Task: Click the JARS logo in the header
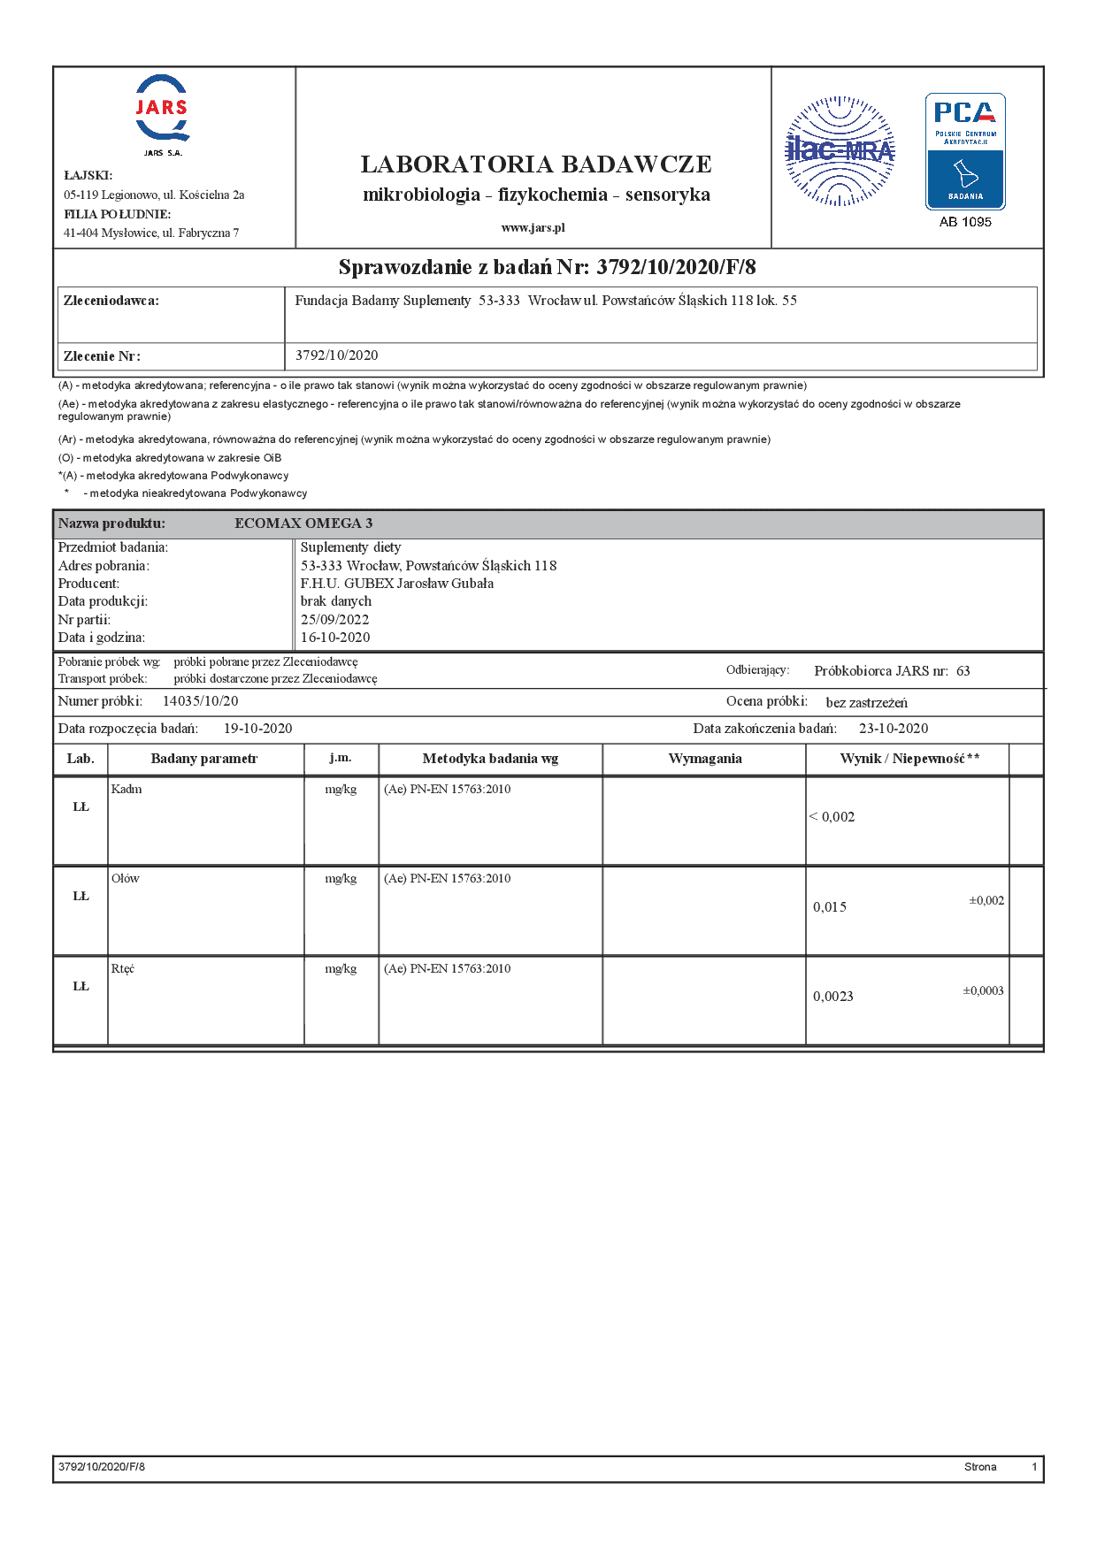click(162, 110)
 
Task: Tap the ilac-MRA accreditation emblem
click(840, 151)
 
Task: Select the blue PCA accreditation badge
click(965, 151)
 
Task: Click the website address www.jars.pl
click(533, 227)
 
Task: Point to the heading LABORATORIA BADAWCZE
click(536, 164)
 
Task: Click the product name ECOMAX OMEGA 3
click(303, 523)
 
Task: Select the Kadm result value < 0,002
click(832, 817)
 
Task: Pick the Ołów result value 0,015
click(830, 907)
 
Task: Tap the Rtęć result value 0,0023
click(833, 997)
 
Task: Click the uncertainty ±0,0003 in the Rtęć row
click(983, 991)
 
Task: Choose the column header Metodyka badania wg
click(490, 759)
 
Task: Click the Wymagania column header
click(705, 759)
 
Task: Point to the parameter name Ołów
click(126, 879)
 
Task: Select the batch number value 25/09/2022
click(334, 620)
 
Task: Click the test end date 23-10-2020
click(894, 729)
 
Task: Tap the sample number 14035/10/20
click(200, 701)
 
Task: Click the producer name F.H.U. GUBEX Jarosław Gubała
click(397, 584)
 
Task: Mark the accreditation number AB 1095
click(965, 222)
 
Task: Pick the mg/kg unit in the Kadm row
click(341, 790)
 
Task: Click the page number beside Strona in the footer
click(1034, 1467)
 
